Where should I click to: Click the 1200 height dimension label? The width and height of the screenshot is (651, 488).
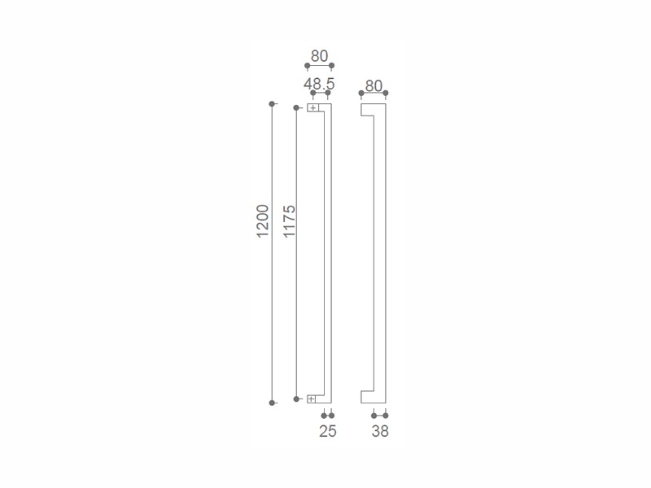(262, 220)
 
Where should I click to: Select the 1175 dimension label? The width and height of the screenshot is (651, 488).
(289, 220)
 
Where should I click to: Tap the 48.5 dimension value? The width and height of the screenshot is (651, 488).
(319, 84)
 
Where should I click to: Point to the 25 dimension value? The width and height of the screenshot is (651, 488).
(328, 431)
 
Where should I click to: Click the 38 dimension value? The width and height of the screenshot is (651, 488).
(380, 431)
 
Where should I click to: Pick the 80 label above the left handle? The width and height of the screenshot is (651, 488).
(319, 56)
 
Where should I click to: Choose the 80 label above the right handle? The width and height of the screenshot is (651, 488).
(374, 86)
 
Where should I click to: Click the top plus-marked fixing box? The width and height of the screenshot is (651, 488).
(312, 108)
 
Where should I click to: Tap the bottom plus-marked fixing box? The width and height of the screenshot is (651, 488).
(312, 399)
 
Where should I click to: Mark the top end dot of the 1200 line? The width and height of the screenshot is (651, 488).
(272, 104)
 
